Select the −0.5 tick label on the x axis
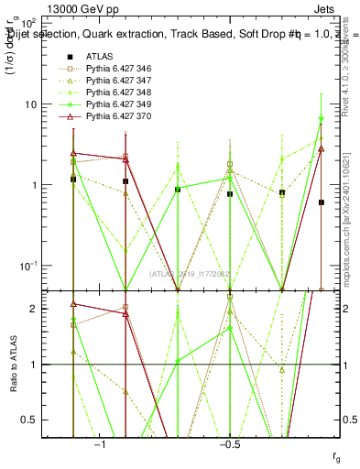pos(229,443)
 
